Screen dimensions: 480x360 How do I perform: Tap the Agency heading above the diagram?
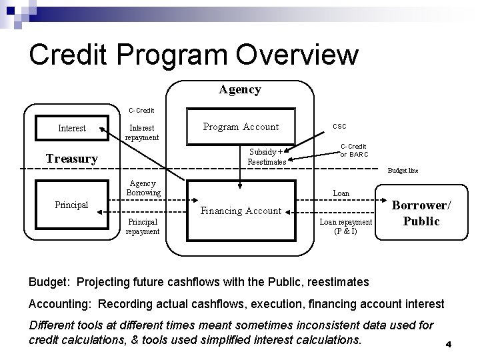240,89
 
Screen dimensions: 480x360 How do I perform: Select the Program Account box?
241,127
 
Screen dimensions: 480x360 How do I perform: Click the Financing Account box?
241,211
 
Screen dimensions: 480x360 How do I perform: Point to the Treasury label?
71,159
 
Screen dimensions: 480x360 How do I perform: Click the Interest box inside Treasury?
71,128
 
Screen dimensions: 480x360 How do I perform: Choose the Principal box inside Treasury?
71,205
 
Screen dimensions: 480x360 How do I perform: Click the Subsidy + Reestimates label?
266,156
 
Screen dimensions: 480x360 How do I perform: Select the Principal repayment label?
143,227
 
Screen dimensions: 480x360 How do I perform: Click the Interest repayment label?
143,132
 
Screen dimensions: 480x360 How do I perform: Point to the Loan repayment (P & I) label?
345,227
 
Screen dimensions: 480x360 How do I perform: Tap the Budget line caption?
403,171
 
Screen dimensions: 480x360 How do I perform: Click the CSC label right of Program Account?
339,125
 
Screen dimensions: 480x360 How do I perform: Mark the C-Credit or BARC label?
353,150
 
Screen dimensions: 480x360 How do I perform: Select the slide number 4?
449,345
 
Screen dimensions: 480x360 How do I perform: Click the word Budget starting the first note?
48,282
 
